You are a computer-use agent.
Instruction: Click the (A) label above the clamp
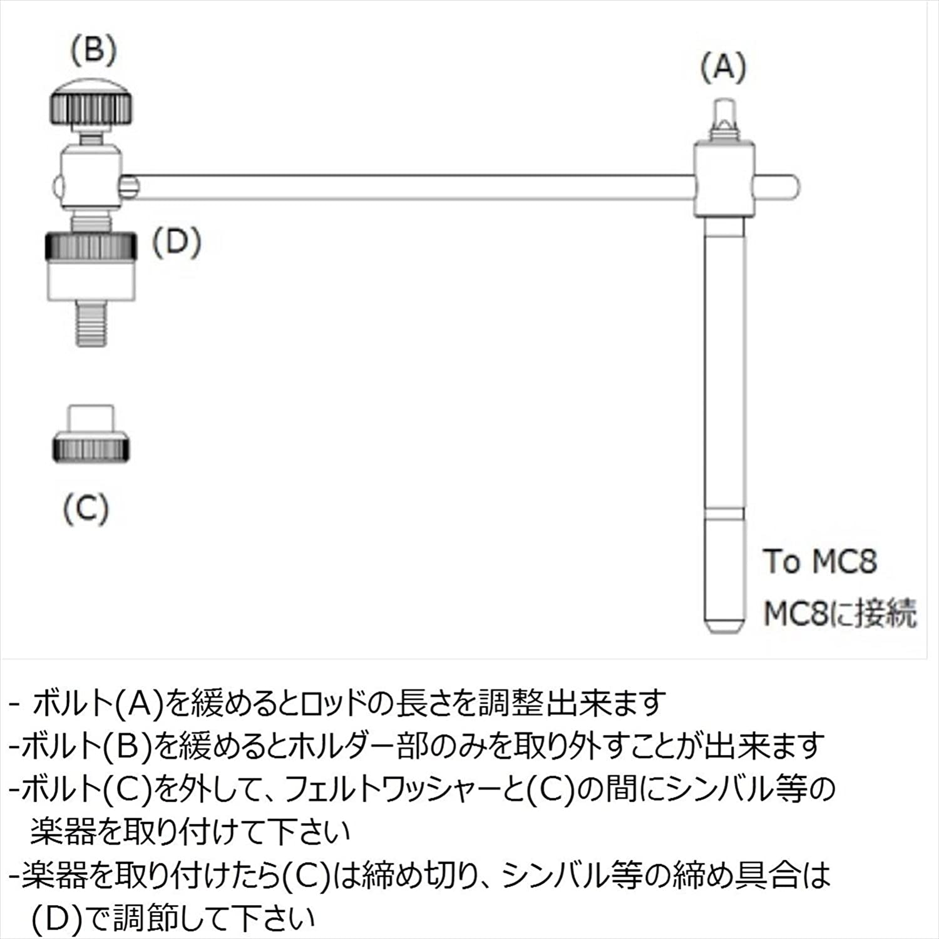tap(723, 68)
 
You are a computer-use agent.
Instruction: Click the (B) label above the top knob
tap(93, 49)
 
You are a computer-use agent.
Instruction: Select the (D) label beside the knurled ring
tap(177, 242)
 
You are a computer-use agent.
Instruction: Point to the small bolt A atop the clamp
tap(724, 120)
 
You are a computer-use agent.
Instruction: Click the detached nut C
tap(91, 434)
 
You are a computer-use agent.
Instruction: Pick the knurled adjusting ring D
tap(91, 245)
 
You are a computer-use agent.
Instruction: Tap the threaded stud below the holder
tap(91, 323)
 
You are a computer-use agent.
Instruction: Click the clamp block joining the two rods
tap(724, 180)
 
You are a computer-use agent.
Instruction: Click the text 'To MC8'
tap(820, 561)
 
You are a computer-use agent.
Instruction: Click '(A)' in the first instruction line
tap(140, 704)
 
